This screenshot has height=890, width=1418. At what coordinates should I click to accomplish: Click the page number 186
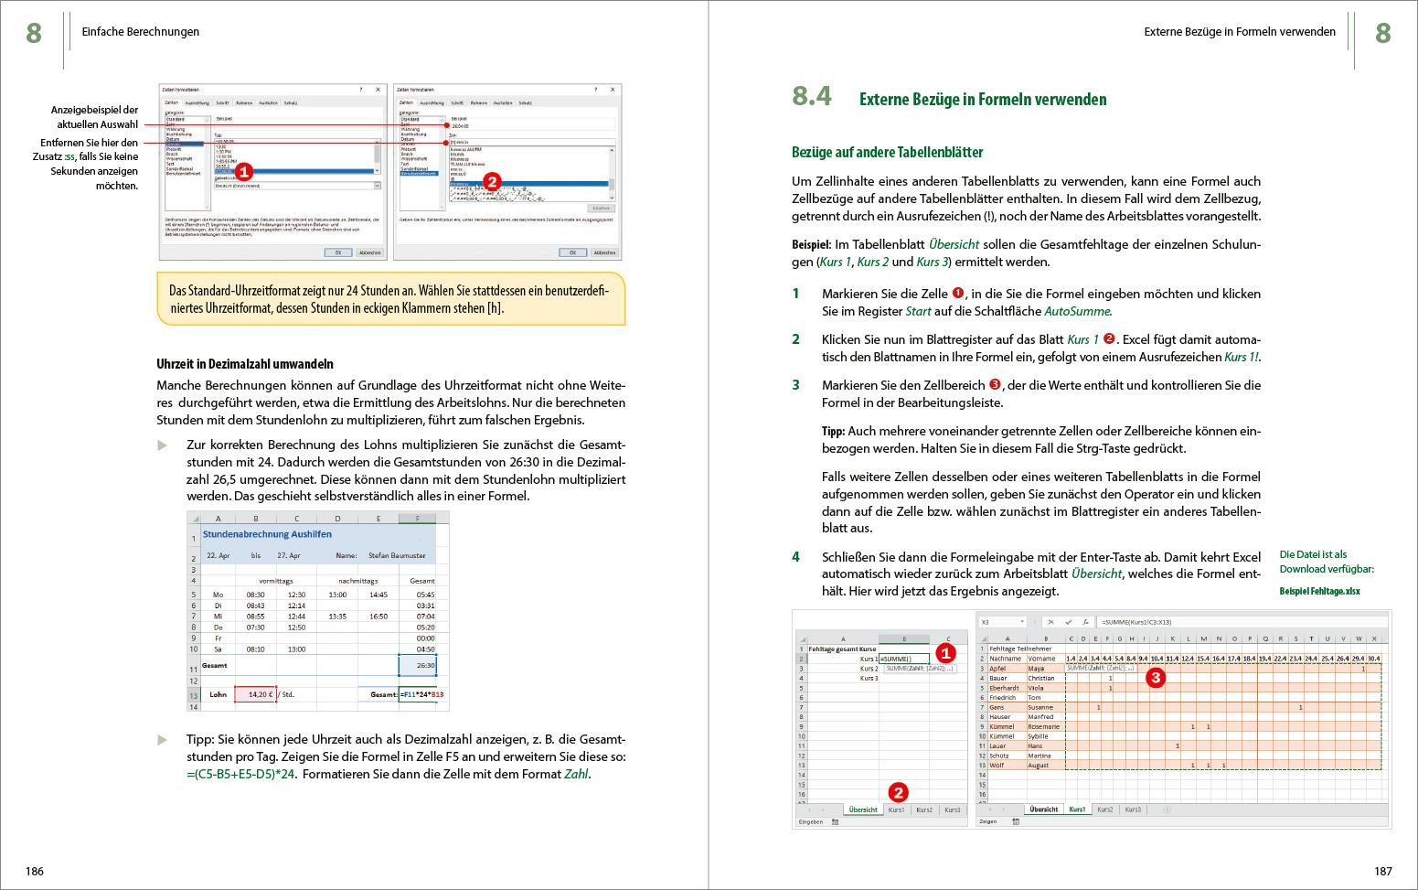35,871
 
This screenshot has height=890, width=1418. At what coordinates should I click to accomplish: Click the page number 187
1382,871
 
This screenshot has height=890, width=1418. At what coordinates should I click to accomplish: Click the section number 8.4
812,97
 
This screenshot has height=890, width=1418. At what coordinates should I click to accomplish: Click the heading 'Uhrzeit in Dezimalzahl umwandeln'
244,364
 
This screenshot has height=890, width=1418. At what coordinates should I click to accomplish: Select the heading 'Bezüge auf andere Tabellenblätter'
886,153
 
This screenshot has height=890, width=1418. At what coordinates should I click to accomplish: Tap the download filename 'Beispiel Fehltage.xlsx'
1319,591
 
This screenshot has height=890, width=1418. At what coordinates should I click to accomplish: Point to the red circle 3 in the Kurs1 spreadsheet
1155,678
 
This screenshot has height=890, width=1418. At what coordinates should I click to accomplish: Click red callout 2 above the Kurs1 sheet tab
898,792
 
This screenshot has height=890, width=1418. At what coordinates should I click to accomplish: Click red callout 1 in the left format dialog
243,171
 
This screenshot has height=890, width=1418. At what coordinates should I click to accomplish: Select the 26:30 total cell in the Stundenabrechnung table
418,665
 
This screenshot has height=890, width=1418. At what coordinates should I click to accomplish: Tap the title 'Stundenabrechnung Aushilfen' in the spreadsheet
267,534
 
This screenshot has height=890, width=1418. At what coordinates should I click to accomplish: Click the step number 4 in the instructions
796,557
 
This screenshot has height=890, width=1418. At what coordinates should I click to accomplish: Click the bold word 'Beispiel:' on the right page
811,245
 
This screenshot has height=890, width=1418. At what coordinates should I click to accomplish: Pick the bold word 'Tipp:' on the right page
833,431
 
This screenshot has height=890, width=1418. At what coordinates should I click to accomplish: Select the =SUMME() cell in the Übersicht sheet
903,659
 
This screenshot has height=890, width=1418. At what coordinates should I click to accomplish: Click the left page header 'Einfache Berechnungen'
141,32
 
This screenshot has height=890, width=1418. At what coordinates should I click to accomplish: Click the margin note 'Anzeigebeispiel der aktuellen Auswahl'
94,117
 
